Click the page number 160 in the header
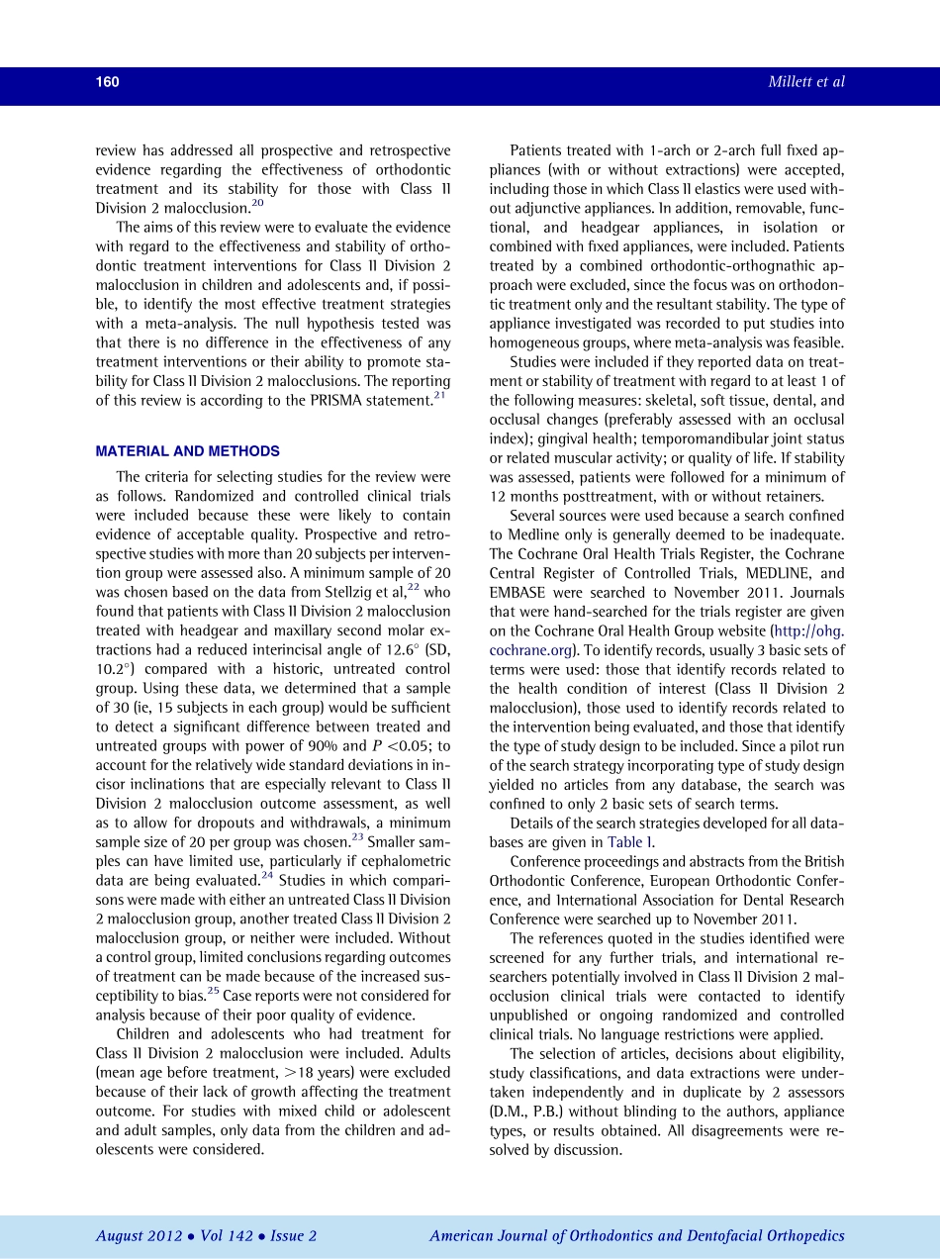(x=107, y=82)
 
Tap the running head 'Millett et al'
(x=806, y=82)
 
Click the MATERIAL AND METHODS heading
(x=187, y=451)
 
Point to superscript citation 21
(x=440, y=396)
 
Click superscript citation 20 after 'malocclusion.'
(x=256, y=204)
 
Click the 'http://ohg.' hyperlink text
(x=812, y=631)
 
